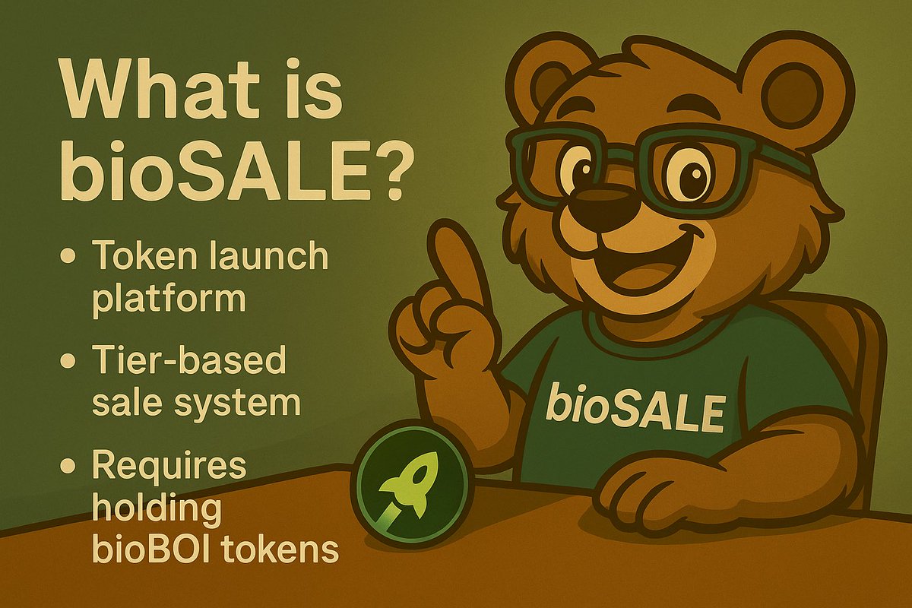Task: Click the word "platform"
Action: click(169, 299)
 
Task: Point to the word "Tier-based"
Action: click(188, 360)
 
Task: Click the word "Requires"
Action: click(169, 465)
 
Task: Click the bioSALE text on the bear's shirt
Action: click(634, 410)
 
